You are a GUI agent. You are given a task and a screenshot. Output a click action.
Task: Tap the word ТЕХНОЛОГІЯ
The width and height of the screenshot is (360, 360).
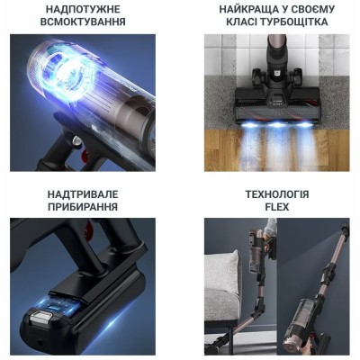[x=276, y=194]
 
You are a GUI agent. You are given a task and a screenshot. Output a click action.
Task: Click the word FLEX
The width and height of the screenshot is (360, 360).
[x=276, y=208]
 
